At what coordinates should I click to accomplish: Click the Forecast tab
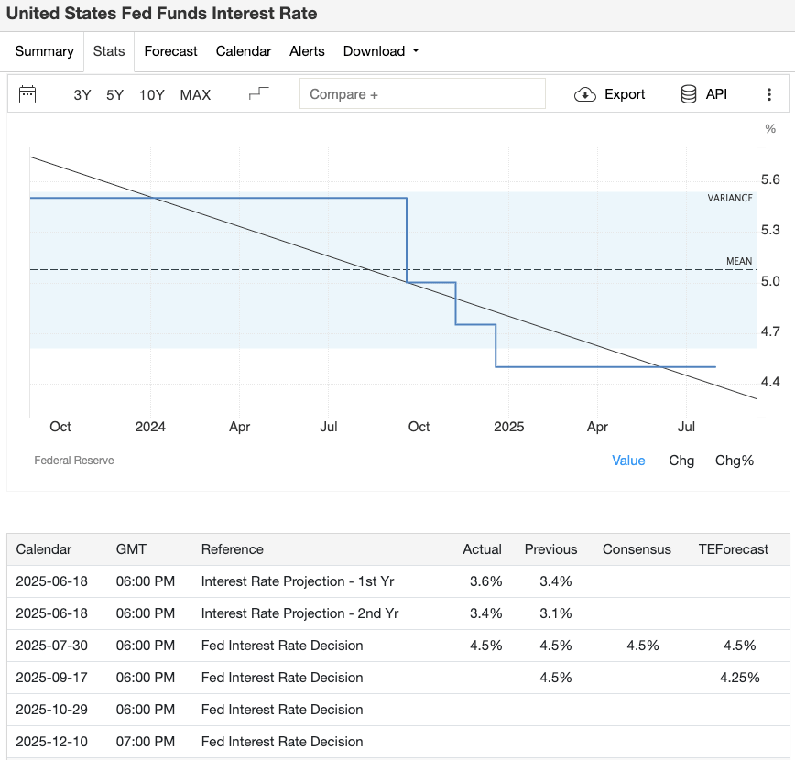coord(170,51)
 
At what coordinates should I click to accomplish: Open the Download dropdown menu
coord(381,51)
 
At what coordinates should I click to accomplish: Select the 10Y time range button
coord(152,94)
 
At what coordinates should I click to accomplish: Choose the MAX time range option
coord(195,94)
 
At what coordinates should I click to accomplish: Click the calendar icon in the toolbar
coord(27,94)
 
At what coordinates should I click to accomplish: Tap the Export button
coord(610,94)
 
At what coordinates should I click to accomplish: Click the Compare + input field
coord(422,94)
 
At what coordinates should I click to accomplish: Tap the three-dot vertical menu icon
coord(769,94)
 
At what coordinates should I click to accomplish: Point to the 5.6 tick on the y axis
coord(770,179)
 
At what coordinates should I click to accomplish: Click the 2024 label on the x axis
coord(150,427)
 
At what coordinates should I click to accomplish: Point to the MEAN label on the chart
coord(739,261)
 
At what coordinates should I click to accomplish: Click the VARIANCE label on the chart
coord(730,198)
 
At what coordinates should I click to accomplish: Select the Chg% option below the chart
coord(734,461)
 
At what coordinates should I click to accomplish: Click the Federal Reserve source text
coord(74,461)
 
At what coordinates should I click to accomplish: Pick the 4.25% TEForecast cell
coord(739,678)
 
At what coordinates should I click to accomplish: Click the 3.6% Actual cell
coord(485,581)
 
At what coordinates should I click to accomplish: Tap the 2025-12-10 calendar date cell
coord(52,742)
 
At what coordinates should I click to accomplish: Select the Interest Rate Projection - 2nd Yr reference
coord(299,613)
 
